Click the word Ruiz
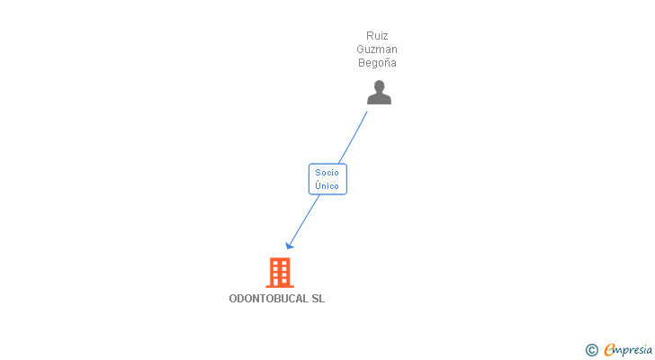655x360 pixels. (377, 36)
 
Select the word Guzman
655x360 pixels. (377, 49)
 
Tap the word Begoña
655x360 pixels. (377, 63)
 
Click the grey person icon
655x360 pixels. (379, 92)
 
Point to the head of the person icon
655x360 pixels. (379, 86)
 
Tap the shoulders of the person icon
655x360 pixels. (379, 99)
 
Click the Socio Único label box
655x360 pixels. (327, 179)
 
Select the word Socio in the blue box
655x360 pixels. (327, 173)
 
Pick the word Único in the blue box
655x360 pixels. (327, 185)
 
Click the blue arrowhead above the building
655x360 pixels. (289, 245)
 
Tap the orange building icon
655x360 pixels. (280, 272)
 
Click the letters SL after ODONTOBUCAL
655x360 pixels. (319, 299)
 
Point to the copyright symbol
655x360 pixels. (591, 350)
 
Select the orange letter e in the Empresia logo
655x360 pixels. (610, 350)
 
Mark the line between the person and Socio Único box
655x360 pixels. (353, 136)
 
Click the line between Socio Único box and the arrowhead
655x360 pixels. (305, 219)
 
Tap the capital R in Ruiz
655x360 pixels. (369, 36)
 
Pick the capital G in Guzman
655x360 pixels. (361, 49)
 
